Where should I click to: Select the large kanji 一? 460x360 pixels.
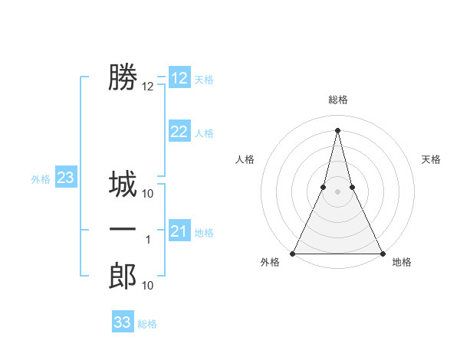[123, 230]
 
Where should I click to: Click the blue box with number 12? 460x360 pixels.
[179, 78]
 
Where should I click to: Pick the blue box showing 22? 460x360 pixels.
[179, 132]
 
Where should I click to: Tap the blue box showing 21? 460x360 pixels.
[179, 231]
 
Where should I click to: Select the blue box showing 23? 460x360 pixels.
[65, 178]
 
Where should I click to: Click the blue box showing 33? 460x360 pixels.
[123, 322]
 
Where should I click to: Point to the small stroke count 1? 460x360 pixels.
[148, 240]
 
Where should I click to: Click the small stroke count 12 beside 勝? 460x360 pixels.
[148, 87]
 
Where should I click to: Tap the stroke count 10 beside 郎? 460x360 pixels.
[148, 286]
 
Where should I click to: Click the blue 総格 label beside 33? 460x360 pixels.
[147, 324]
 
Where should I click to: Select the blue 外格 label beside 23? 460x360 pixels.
[41, 179]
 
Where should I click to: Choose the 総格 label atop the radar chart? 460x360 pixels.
[337, 100]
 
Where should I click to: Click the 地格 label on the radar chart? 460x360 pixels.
[402, 263]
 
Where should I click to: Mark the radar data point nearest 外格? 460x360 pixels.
[293, 254]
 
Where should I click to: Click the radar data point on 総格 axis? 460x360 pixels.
[337, 129]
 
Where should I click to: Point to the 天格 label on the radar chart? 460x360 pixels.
[432, 159]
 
